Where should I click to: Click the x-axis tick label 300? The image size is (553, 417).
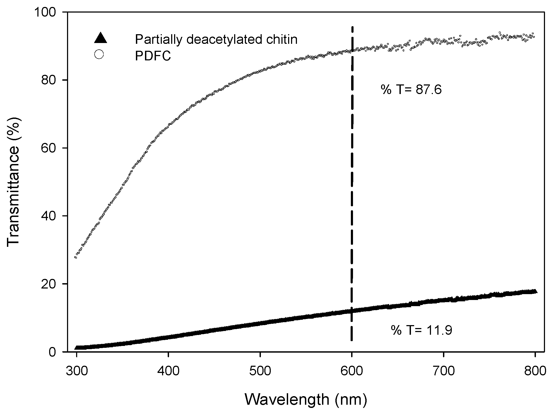[77, 372]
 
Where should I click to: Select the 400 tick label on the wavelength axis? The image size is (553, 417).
[168, 372]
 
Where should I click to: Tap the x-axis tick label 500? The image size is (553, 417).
[260, 372]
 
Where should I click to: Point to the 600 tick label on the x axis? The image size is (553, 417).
[352, 372]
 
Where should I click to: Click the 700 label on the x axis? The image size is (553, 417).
[444, 372]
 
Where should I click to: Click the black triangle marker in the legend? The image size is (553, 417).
[100, 38]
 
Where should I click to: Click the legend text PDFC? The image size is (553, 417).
[153, 56]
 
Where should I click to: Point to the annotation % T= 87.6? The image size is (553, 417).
[411, 90]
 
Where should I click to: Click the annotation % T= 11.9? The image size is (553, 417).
[422, 330]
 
